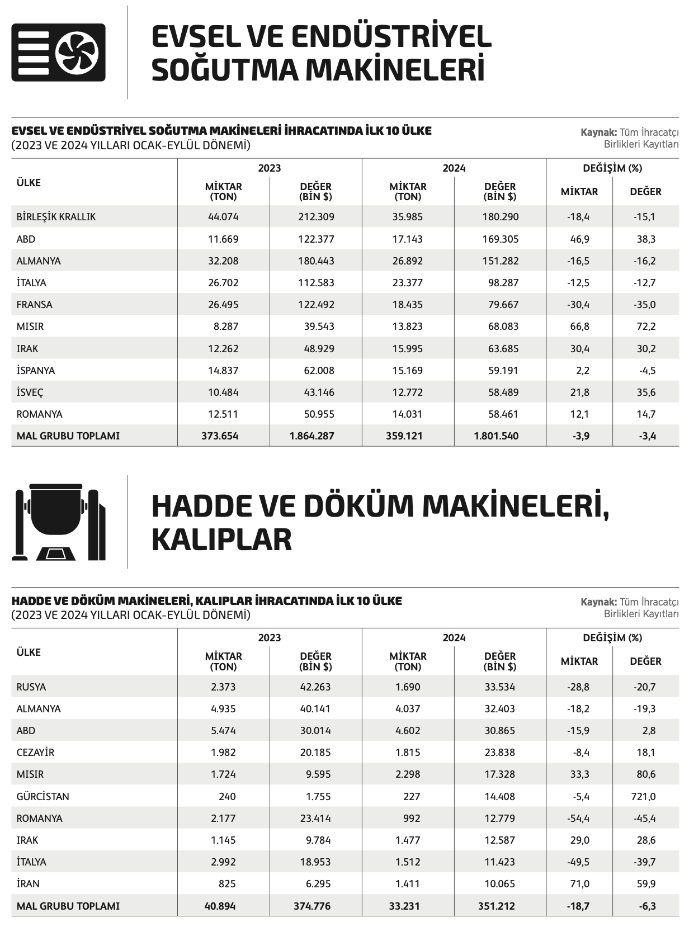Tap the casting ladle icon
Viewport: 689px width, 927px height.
pos(59,522)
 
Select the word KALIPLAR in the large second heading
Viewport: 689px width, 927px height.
pos(221,540)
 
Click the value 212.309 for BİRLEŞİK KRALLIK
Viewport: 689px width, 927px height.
pos(316,217)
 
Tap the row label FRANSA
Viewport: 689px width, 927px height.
pos(34,305)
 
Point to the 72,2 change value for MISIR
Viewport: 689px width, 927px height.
pos(645,327)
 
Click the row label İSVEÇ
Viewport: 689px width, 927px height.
pos(30,392)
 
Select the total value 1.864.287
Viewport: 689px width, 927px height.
pos(312,436)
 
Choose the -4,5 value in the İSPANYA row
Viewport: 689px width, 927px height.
pos(645,371)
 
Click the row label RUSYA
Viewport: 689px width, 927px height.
pos(31,687)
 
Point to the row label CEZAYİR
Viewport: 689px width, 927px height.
pos(35,753)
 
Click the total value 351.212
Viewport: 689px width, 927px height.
pos(496,906)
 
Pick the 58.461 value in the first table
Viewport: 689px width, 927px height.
pos(503,414)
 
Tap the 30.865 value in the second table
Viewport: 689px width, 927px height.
pos(499,731)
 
